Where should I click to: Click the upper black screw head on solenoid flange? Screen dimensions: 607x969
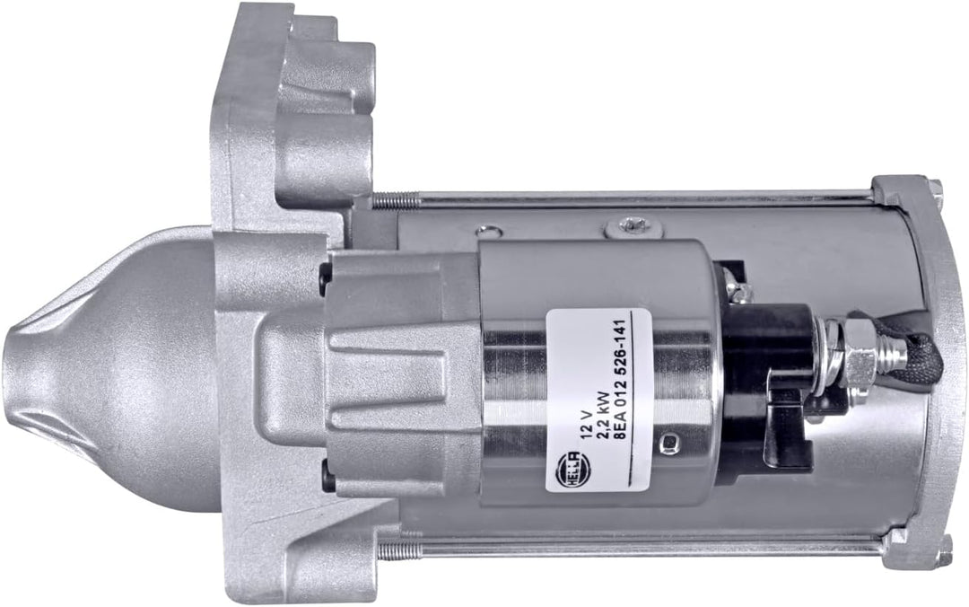tap(324, 279)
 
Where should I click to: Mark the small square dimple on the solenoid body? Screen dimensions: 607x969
tap(668, 444)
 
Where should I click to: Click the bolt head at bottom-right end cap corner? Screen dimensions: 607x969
tap(941, 547)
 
